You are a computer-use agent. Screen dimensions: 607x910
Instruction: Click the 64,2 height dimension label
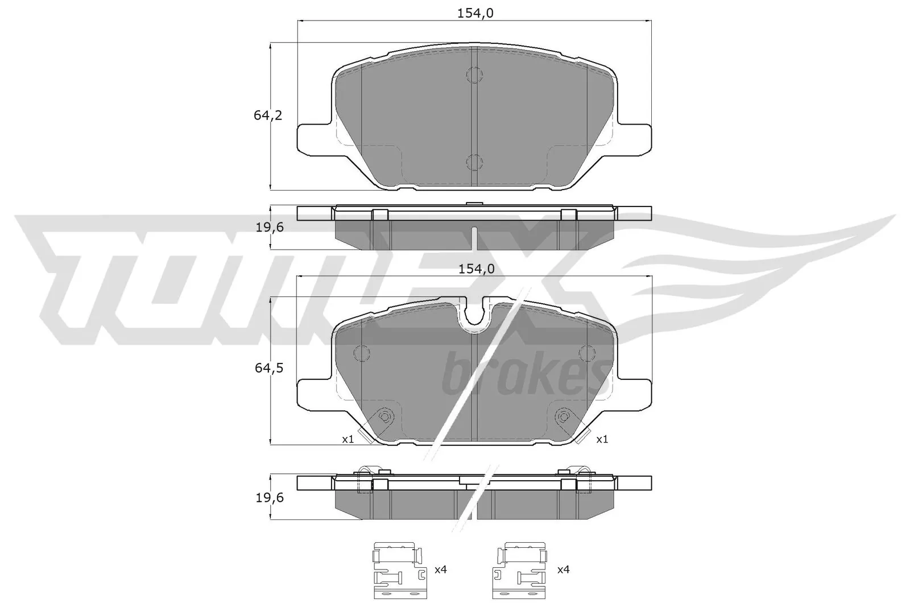pos(268,115)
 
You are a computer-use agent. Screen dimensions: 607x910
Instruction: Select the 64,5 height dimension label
pos(268,368)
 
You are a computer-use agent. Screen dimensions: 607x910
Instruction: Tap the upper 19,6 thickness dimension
pos(268,228)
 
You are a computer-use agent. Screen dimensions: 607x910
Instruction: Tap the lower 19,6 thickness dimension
pos(268,498)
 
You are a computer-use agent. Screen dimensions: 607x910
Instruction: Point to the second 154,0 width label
pos(474,269)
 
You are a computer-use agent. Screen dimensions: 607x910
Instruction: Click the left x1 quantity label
pos(348,439)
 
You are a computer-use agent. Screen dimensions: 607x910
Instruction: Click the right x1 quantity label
pos(602,439)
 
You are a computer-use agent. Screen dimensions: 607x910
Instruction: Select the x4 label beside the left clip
pos(440,569)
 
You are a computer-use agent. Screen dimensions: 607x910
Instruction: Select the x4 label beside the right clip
pos(564,569)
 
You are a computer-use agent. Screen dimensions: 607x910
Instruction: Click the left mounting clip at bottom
pos(399,569)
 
